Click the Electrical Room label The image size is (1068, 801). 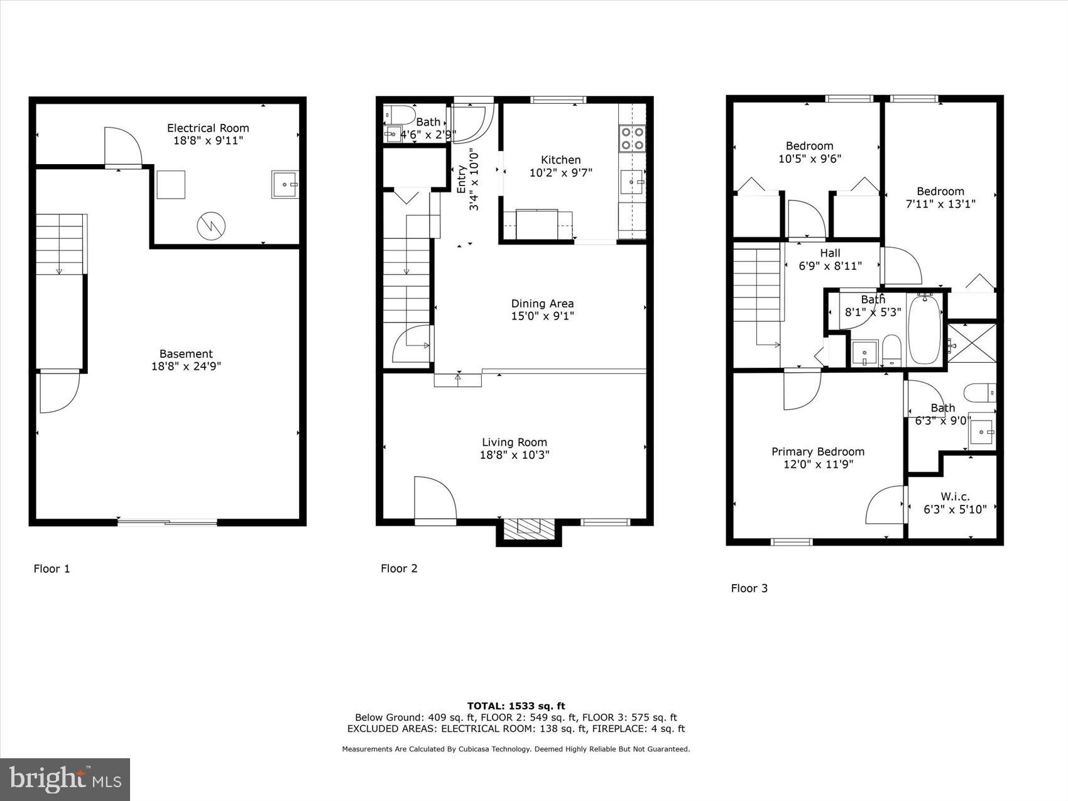(208, 128)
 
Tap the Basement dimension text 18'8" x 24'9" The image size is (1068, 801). (186, 366)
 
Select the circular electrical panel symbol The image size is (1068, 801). (211, 226)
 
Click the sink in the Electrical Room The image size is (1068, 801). (285, 184)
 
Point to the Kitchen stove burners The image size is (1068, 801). (632, 139)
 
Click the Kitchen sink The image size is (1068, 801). (632, 182)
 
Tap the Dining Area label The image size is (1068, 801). (542, 304)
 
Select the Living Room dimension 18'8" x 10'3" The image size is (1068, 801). (515, 455)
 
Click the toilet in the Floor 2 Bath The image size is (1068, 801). (400, 114)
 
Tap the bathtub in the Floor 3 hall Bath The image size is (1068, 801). (924, 329)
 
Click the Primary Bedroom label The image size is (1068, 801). (817, 451)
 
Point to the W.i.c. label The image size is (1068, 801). (955, 497)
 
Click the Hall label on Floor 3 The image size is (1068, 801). (830, 253)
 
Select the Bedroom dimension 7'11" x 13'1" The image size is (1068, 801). (940, 204)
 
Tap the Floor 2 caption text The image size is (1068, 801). (399, 568)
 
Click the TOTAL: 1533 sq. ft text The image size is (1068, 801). (516, 705)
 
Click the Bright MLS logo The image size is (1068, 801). (65, 780)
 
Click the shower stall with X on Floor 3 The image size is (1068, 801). (971, 343)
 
